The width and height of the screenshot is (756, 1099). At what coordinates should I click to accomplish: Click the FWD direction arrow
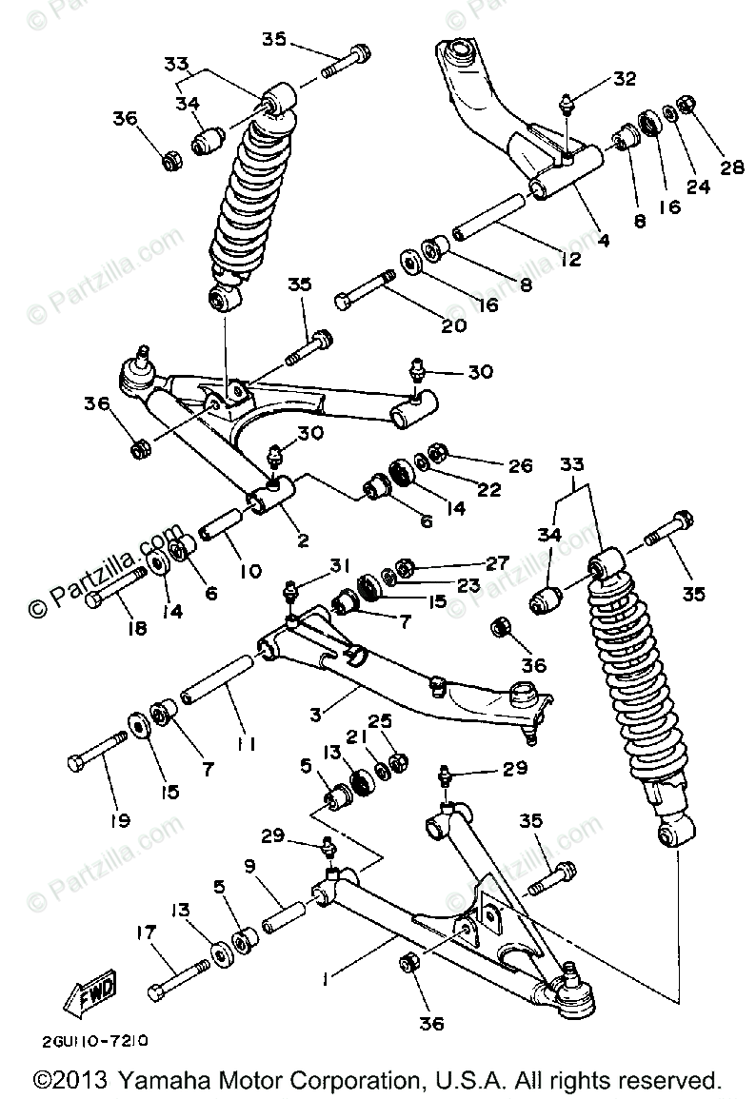[x=84, y=994]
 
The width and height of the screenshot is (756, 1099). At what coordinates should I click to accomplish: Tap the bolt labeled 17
[x=178, y=979]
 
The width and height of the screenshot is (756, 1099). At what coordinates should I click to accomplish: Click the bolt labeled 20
[x=365, y=290]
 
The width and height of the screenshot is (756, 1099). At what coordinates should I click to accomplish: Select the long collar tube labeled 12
[x=487, y=217]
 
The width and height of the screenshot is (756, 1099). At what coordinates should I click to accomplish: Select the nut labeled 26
[x=439, y=451]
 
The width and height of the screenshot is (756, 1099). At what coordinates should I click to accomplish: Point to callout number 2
[x=303, y=541]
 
